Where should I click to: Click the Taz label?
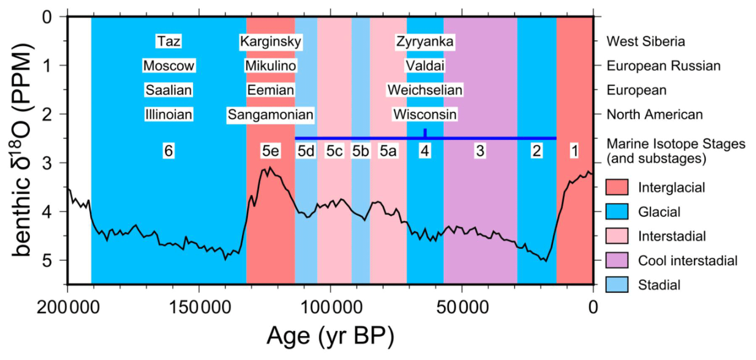click(x=168, y=41)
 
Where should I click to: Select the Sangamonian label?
click(x=270, y=114)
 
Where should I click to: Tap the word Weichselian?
click(x=425, y=90)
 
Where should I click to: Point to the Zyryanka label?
click(x=425, y=41)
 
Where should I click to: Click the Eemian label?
click(x=270, y=90)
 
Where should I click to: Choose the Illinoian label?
click(x=168, y=114)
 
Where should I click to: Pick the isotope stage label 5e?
click(x=270, y=151)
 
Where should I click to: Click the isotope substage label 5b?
click(x=360, y=151)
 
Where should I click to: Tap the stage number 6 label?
click(x=168, y=151)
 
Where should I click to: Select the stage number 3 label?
click(x=480, y=151)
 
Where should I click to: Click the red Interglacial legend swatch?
click(x=616, y=187)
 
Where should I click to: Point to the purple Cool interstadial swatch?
click(x=616, y=260)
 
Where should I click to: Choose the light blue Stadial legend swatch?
click(x=616, y=285)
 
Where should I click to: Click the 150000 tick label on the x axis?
click(x=199, y=307)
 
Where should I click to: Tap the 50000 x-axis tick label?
click(x=462, y=307)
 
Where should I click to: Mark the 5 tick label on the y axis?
click(x=47, y=260)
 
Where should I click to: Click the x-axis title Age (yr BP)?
click(x=330, y=336)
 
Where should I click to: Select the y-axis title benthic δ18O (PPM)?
click(x=22, y=149)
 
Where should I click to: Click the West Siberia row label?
click(x=645, y=41)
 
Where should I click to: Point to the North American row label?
click(x=655, y=114)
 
